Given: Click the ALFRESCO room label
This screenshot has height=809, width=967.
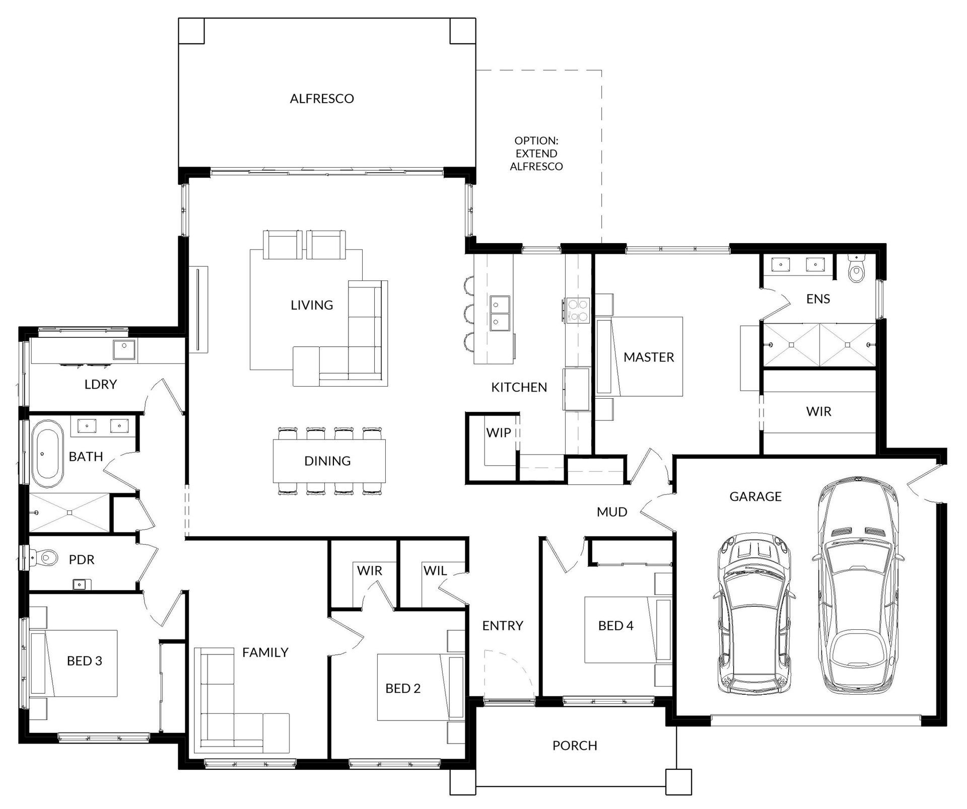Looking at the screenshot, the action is point(322,99).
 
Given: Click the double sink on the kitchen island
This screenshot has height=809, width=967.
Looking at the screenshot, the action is point(500,313).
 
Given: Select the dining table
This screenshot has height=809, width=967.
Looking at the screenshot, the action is point(329,461).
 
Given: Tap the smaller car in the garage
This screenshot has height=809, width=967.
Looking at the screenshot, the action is point(753,614).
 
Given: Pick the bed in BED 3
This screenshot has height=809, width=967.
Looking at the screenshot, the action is point(75,664).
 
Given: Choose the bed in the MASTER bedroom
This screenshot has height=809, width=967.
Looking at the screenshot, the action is point(639,356).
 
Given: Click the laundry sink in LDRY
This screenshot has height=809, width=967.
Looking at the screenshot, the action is point(123,349).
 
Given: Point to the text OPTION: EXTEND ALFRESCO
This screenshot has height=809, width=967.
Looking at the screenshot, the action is point(536,154).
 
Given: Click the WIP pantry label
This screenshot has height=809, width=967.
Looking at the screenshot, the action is point(499,432).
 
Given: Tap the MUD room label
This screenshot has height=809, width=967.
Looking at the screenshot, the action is point(612,512).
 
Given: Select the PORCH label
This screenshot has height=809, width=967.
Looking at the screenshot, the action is point(575,746).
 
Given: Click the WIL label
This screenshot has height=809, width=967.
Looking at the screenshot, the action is point(435,571).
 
